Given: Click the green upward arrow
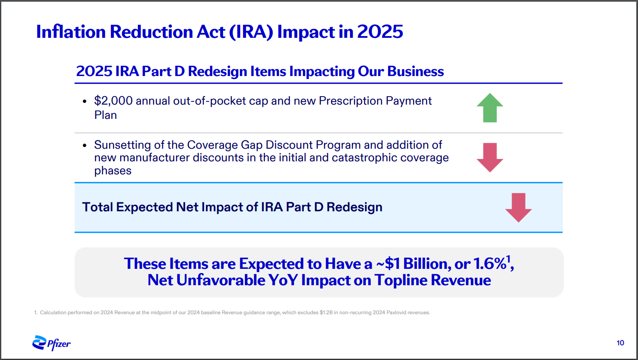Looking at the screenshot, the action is point(490,108).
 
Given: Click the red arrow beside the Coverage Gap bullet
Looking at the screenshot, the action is point(490,158).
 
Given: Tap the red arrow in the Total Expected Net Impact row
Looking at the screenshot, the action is point(518,208).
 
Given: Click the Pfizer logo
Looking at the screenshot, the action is point(51,343).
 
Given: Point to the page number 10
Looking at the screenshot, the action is point(620,343).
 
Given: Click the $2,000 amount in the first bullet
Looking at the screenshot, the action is point(113,101).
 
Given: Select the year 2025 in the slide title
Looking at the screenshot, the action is point(380,32).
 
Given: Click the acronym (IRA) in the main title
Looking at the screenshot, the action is point(251,32).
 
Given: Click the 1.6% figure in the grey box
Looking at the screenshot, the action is point(490,263).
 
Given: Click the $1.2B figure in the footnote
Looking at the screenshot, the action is point(326,313).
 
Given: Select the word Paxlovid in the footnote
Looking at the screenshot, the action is point(396,313).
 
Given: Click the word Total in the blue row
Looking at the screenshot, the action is point(97,207).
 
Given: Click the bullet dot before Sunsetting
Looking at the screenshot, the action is point(84,145).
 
